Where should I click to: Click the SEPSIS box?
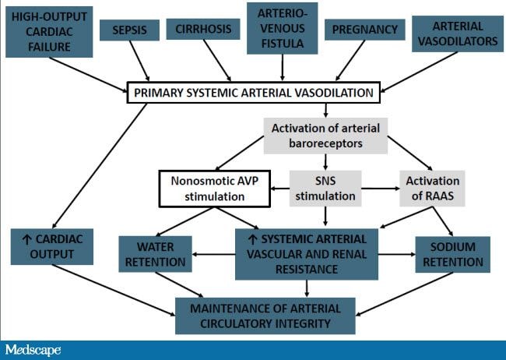[x=129, y=30]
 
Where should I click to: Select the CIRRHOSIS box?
[x=203, y=29]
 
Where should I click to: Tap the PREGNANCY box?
[x=364, y=30]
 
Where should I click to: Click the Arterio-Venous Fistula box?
[x=283, y=28]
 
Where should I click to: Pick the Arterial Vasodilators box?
[x=458, y=34]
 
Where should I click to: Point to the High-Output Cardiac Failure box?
[x=49, y=32]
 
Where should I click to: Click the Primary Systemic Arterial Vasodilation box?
[x=254, y=93]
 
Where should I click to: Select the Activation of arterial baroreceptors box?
[x=325, y=136]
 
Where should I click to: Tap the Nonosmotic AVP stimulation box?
[x=215, y=189]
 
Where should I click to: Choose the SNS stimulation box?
[x=325, y=189]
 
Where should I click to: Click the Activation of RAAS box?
[x=432, y=189]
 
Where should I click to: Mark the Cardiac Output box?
[x=52, y=247]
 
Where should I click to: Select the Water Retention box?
[x=155, y=254]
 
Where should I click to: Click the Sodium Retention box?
[x=453, y=254]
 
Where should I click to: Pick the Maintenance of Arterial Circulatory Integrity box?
[x=265, y=316]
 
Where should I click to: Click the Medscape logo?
[x=33, y=351]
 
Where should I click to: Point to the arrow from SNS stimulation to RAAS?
[x=381, y=189]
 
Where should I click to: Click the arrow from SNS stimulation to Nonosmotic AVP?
[x=279, y=189]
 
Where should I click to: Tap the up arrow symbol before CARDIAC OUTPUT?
[x=26, y=239]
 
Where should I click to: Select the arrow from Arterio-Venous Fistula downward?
[x=283, y=68]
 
